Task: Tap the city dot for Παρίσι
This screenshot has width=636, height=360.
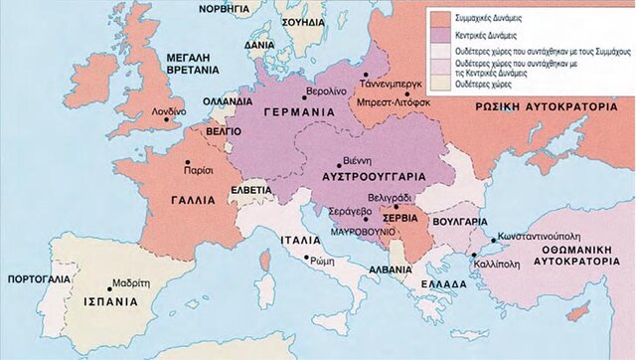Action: [185, 159]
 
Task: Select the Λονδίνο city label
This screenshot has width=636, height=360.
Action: [167, 112]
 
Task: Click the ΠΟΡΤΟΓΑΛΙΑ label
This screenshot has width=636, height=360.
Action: [36, 279]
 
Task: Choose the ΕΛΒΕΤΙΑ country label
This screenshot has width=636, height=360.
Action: [252, 189]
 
